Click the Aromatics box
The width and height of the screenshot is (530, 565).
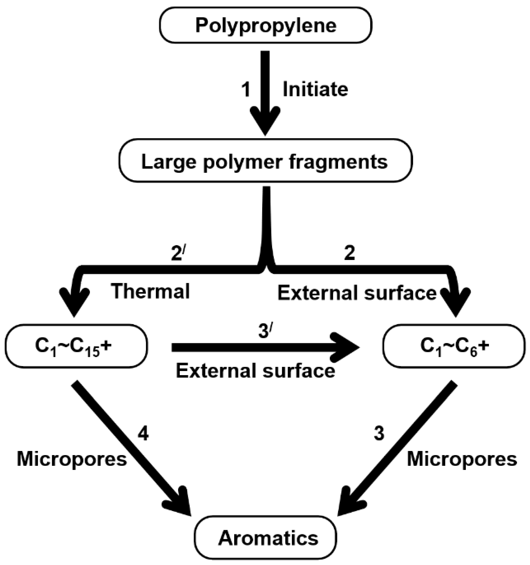pyautogui.click(x=265, y=538)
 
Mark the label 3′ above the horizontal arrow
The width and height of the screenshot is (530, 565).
pyautogui.click(x=264, y=332)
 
